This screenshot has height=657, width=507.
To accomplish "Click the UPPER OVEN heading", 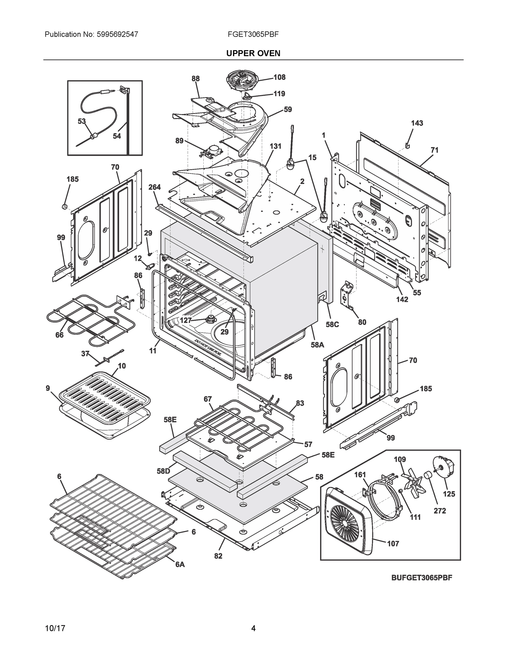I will coord(253,53).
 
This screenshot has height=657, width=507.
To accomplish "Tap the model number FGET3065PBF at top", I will coord(253,34).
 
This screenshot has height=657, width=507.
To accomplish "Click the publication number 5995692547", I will coord(118,34).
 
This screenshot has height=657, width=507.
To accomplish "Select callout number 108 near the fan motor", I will coord(279,77).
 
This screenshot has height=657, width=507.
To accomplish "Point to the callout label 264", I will coord(155,187).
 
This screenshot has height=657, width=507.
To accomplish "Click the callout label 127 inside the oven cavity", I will coord(186,320).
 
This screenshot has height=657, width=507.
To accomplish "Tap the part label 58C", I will coord(332,325).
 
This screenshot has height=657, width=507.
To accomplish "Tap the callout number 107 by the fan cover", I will coord(393,544).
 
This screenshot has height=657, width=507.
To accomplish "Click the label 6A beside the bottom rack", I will coord(180,565).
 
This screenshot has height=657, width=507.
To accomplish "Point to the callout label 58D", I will coord(163,471).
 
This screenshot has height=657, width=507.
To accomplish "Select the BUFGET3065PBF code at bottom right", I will coord(421,578).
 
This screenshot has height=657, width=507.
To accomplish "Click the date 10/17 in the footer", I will coord(55,629).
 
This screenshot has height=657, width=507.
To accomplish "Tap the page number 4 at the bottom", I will coord(253,629).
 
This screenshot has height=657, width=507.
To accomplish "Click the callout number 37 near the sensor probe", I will coord(85,354).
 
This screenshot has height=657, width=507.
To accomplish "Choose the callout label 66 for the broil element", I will coord(60,335).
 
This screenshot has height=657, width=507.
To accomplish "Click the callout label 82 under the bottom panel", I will coord(218,556).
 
